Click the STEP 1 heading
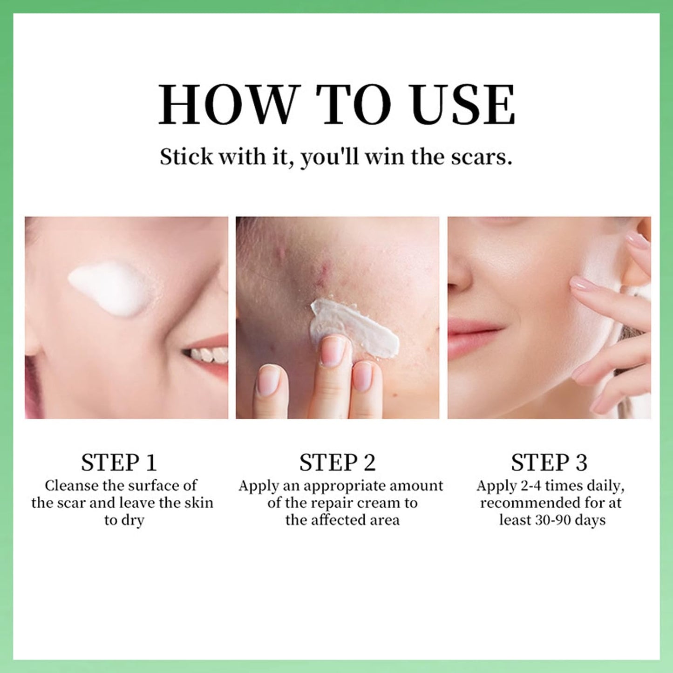point(119,462)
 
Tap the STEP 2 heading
point(337,462)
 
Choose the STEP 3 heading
point(549,462)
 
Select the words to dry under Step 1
point(124,520)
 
